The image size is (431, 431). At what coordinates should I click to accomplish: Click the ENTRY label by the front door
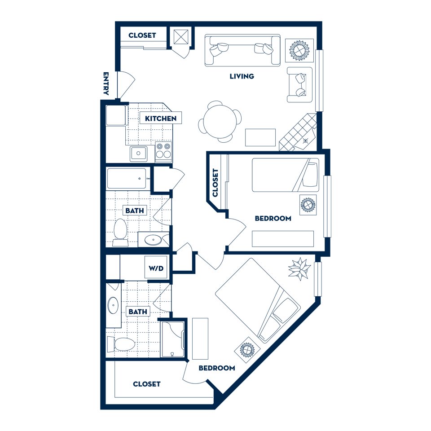point(106,84)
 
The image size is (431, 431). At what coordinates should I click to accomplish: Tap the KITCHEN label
point(160,119)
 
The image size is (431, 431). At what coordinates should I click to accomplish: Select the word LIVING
point(242,76)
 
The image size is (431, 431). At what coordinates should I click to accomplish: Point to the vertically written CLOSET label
point(215,182)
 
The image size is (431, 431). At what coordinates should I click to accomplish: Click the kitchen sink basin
point(139,154)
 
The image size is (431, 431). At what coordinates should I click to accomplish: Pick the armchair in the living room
point(299,85)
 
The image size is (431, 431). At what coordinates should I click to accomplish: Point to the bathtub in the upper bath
point(127,178)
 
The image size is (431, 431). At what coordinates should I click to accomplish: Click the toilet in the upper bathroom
point(120,233)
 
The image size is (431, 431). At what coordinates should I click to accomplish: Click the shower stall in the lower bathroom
point(172,339)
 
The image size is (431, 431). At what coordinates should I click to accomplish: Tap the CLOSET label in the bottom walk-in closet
point(146,384)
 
